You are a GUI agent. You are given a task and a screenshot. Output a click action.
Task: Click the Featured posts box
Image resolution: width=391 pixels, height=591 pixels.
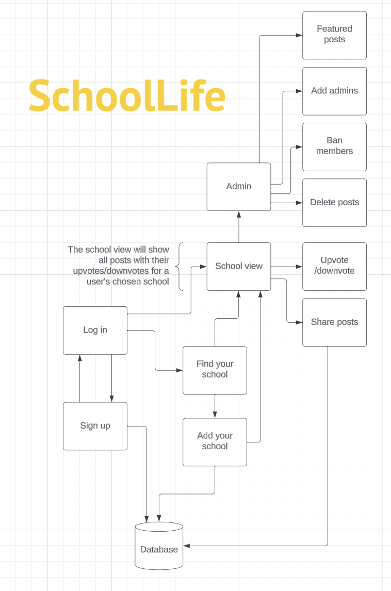334,35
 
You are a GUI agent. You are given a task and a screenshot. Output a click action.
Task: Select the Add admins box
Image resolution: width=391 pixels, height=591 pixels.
334,91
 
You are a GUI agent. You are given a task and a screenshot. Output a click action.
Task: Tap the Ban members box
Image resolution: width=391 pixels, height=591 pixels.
334,146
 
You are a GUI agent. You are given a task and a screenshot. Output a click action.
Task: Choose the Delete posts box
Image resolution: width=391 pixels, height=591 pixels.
334,202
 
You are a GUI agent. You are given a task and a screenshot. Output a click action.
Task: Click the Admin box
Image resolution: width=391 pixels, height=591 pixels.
239,187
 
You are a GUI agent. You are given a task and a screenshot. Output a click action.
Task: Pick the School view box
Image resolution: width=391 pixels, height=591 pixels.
239,266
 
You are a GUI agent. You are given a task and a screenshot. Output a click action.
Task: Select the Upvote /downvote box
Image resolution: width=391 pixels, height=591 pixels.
334,266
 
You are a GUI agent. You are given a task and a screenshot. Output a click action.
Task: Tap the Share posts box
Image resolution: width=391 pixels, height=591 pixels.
334,322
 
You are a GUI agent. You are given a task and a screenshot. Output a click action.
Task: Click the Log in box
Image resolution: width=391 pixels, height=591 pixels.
95,330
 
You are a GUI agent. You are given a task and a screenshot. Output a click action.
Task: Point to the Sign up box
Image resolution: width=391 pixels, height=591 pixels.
95,426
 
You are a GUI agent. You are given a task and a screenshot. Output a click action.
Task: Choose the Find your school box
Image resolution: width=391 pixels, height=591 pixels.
215,370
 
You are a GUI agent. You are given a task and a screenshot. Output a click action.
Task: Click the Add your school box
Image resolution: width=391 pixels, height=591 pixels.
215,441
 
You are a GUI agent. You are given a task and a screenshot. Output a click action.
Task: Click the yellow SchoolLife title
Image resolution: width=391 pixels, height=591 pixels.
127,96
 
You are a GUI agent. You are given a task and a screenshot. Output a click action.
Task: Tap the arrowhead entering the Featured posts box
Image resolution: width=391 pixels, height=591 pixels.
299,35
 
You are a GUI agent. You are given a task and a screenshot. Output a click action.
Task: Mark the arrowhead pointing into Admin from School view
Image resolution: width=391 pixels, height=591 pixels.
239,215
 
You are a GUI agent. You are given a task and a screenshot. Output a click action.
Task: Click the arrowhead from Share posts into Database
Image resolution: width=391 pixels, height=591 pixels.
187,546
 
